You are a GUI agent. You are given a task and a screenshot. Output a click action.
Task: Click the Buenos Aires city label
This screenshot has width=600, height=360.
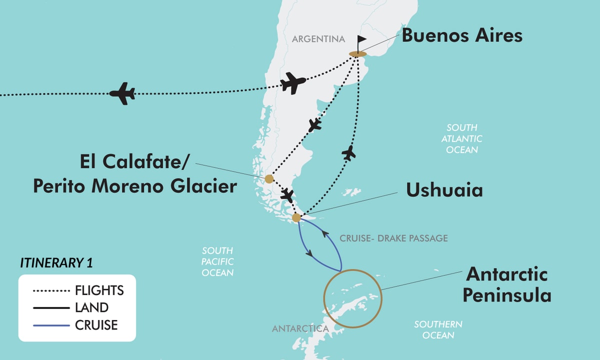point(462,35)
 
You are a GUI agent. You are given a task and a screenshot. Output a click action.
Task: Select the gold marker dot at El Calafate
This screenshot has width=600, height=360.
point(269,178)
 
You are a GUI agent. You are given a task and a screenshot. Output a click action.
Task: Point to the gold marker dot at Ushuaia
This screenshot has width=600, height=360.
point(296,217)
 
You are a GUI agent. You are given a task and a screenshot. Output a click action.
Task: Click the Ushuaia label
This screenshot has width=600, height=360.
point(444,190)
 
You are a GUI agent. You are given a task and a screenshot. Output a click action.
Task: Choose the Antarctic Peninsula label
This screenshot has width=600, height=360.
point(506,284)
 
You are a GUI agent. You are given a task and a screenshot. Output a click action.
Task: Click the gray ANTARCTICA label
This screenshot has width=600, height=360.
point(300,328)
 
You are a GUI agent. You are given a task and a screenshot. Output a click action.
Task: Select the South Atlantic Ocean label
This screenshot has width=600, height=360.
point(462,138)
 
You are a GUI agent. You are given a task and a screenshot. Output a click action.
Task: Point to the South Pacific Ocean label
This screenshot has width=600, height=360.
point(217,261)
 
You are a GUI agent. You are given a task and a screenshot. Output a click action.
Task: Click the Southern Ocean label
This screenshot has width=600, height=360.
point(438,329)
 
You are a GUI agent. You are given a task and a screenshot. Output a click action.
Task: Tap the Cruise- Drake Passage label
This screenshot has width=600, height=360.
point(393,238)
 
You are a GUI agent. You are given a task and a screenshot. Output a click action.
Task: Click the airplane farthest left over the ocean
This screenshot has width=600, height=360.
point(122,93)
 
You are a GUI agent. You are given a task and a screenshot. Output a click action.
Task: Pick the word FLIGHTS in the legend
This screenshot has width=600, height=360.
point(99,290)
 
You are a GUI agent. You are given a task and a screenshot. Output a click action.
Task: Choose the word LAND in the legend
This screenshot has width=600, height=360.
point(91,307)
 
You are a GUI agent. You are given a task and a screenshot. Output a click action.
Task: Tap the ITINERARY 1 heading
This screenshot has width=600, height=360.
point(56,262)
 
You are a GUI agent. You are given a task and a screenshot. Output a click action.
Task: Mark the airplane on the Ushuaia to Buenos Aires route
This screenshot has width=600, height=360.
point(350,152)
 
